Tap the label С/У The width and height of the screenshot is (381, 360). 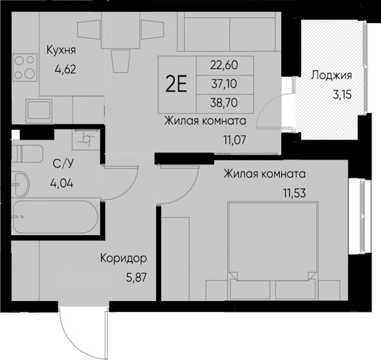[x=61, y=163]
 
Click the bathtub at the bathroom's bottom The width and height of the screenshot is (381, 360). [x=54, y=218]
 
